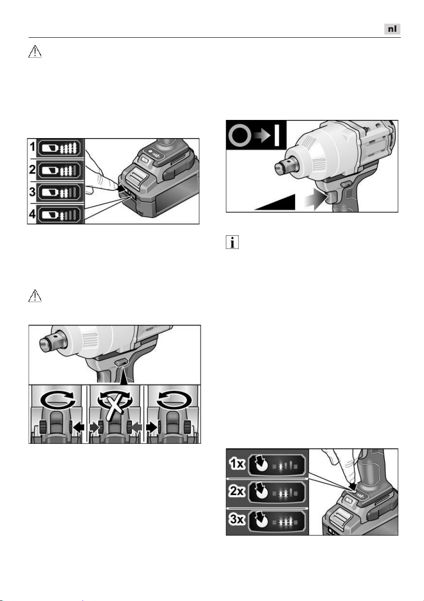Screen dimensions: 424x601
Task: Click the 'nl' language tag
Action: point(392,29)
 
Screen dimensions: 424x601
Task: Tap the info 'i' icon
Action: point(232,242)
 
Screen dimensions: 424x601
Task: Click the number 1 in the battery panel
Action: point(32,147)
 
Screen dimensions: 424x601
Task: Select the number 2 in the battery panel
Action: point(32,169)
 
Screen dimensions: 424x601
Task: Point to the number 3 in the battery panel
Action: point(32,192)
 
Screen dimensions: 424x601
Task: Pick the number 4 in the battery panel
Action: point(32,214)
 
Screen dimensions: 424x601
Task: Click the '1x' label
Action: point(237,464)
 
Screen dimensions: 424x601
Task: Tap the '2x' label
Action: point(237,491)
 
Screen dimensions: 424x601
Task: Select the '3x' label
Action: point(237,519)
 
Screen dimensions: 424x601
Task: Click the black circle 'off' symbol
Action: point(239,134)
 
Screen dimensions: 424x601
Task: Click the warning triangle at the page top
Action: point(35,51)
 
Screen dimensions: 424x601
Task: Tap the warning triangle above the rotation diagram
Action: point(35,296)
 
